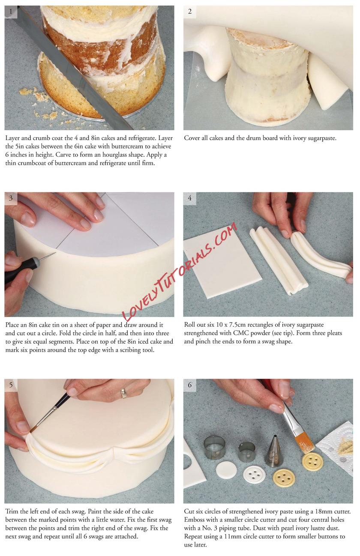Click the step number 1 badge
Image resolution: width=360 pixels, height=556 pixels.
tap(11, 12)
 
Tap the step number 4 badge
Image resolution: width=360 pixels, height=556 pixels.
tap(190, 198)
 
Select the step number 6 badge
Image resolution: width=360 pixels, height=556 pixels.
tap(190, 385)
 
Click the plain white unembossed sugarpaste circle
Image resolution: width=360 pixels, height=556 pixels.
tap(226, 469)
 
